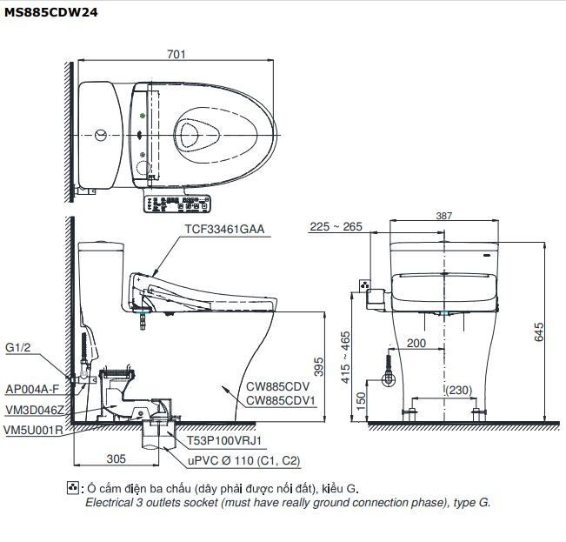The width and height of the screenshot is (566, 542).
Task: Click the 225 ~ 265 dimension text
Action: point(336,228)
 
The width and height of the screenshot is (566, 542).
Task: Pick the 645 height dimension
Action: point(539,331)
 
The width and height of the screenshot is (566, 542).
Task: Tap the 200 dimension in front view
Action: point(416,344)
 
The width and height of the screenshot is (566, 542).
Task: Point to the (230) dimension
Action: point(462,391)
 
